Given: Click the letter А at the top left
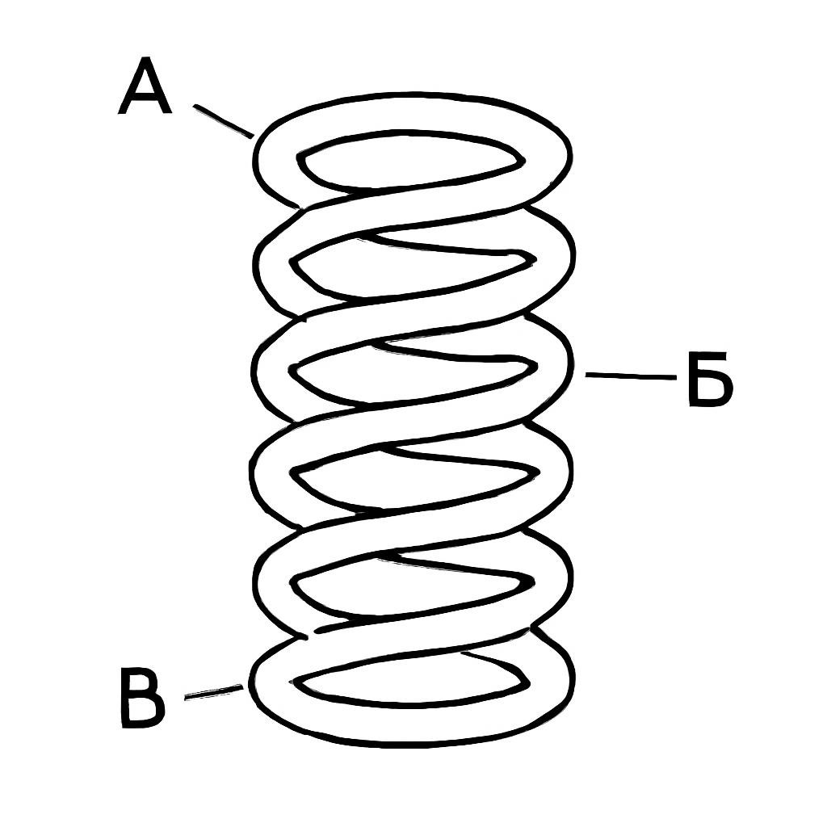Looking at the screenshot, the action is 145,86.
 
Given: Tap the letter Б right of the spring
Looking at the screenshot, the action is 711,379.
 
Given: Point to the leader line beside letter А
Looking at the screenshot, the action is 223,121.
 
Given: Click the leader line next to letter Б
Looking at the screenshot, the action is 631,376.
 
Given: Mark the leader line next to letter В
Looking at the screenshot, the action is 213,692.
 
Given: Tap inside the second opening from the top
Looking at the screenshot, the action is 411,267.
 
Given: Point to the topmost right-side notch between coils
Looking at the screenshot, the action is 527,205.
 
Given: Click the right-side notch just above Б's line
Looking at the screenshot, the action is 527,313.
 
